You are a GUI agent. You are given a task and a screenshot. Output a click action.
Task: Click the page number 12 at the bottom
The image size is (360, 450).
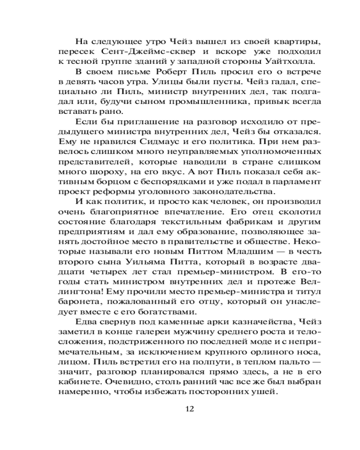tap(189, 409)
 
